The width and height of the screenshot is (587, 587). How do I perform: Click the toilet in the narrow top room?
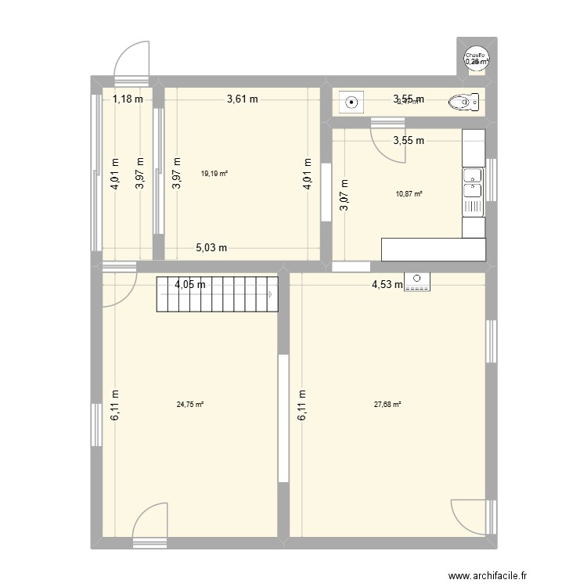pyautogui.click(x=463, y=101)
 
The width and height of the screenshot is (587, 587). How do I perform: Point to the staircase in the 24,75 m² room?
pyautogui.click(x=218, y=294)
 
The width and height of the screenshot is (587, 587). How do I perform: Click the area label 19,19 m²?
pyautogui.click(x=214, y=175)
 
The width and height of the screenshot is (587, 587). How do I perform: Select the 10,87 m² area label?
pyautogui.click(x=409, y=193)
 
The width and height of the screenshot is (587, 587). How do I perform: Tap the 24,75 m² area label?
pyautogui.click(x=190, y=405)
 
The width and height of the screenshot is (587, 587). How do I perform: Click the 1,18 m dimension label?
pyautogui.click(x=128, y=99)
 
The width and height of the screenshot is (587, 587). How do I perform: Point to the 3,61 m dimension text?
pyautogui.click(x=243, y=99)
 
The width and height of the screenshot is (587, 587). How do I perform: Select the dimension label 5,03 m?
pyautogui.click(x=211, y=248)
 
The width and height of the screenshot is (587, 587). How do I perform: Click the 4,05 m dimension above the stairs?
pyautogui.click(x=190, y=284)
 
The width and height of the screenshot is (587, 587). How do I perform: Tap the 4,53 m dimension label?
pyautogui.click(x=387, y=285)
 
